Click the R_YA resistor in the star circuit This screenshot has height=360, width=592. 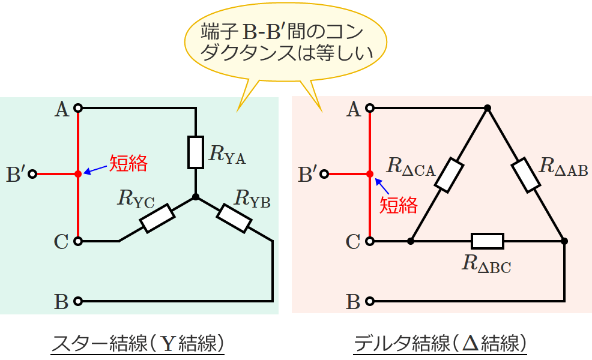[x=195, y=152]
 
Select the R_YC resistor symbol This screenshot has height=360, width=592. [x=157, y=218]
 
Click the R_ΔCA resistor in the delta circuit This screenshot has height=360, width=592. [x=449, y=175]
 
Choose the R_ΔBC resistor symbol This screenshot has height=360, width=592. [x=487, y=241]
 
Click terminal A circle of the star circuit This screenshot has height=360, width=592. [x=77, y=109]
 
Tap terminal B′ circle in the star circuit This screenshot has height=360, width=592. [x=32, y=174]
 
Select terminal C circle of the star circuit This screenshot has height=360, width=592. [x=77, y=241]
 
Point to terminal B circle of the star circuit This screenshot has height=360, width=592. [x=77, y=301]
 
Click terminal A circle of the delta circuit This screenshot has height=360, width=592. [x=370, y=109]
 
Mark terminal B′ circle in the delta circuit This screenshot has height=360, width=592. [x=325, y=174]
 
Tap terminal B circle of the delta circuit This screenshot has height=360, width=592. [x=370, y=301]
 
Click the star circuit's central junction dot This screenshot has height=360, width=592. [x=195, y=197]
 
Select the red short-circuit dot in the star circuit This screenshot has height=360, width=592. [x=77, y=174]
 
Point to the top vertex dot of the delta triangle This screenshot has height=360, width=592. [x=488, y=109]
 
